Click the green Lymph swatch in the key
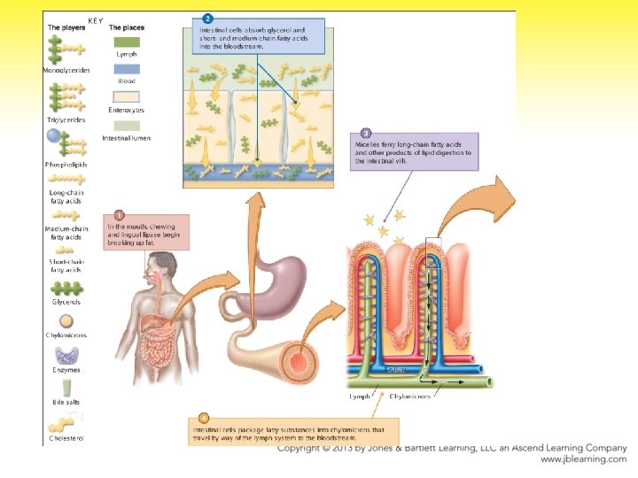click(x=127, y=42)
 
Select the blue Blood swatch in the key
click(x=127, y=68)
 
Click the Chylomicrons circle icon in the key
click(x=66, y=321)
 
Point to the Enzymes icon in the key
click(x=66, y=355)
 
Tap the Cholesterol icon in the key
click(x=66, y=426)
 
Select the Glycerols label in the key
click(x=66, y=302)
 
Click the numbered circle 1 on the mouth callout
click(x=119, y=213)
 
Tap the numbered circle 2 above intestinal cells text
click(x=207, y=18)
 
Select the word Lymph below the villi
click(x=359, y=397)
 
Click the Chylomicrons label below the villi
click(x=409, y=397)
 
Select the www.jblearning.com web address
click(x=583, y=459)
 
